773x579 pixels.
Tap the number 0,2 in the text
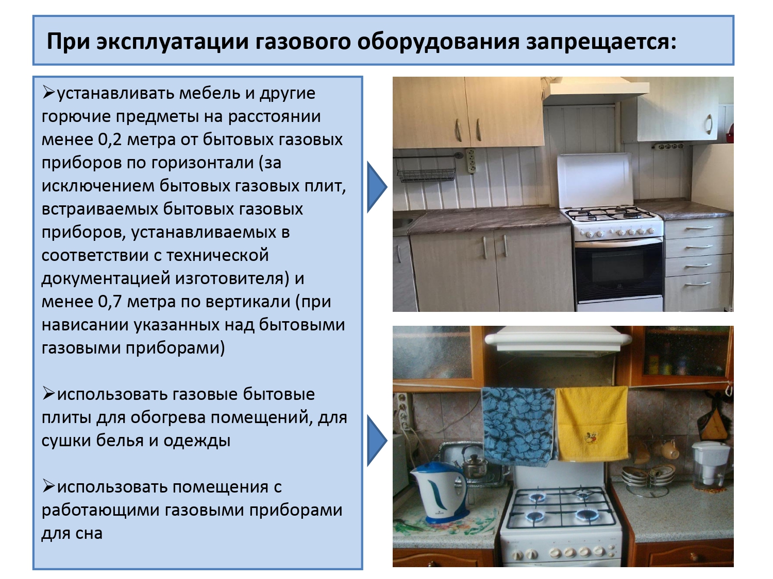click(x=110, y=140)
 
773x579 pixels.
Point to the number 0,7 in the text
click(x=110, y=302)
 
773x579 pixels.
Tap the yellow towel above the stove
click(x=592, y=423)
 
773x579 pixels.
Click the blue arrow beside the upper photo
click(x=377, y=187)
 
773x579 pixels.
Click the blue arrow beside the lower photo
click(x=377, y=441)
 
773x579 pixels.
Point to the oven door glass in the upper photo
click(x=619, y=269)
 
